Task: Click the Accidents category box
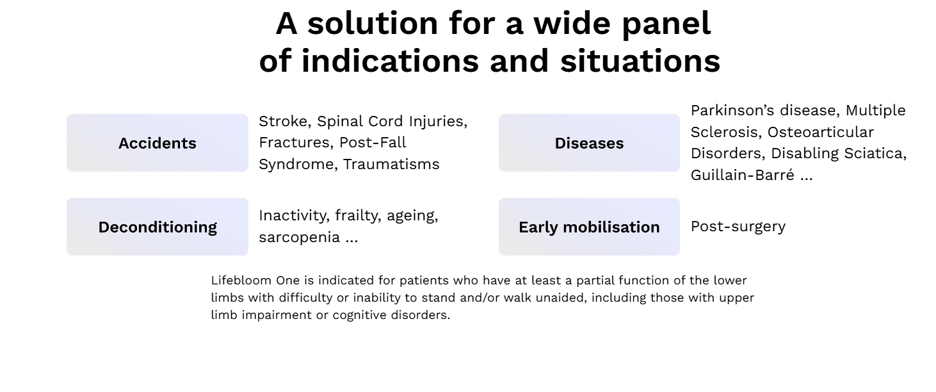click(x=157, y=143)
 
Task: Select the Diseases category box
click(x=589, y=143)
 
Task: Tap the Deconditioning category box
click(x=157, y=227)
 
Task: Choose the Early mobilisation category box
click(x=589, y=227)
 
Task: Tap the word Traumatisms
click(x=391, y=164)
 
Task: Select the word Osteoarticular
click(x=821, y=132)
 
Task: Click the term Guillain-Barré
click(x=743, y=175)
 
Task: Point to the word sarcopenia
click(x=300, y=238)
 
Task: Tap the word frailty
click(x=358, y=216)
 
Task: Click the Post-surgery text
click(x=738, y=227)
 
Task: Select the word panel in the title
click(x=666, y=24)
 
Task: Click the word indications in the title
click(x=391, y=61)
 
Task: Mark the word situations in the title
click(x=640, y=61)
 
